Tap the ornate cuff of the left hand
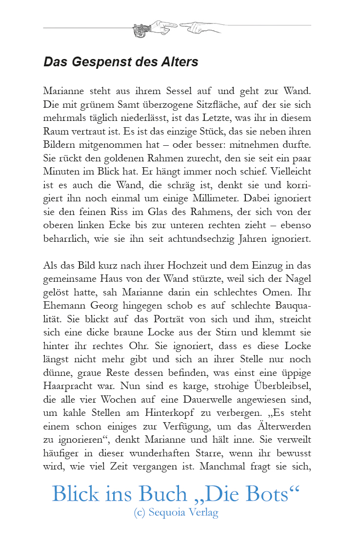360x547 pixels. (x=141, y=31)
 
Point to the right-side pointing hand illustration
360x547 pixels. (x=200, y=27)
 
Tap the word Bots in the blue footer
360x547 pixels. (x=271, y=494)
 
